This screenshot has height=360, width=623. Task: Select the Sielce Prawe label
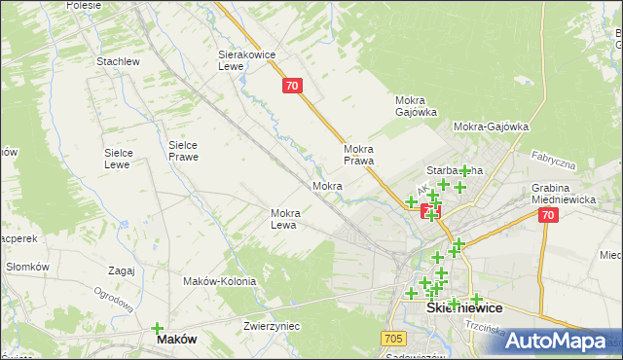click(183, 150)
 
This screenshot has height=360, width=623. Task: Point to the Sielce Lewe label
click(125, 159)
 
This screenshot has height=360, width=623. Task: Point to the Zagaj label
click(122, 270)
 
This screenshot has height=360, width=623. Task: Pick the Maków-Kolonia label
click(219, 281)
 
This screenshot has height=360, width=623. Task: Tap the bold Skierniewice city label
click(464, 307)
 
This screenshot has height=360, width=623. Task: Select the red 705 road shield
click(393, 338)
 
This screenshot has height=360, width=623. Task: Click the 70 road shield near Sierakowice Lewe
click(293, 87)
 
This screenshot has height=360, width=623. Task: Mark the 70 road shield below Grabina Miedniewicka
click(548, 216)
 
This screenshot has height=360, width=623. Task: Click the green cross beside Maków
click(158, 328)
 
